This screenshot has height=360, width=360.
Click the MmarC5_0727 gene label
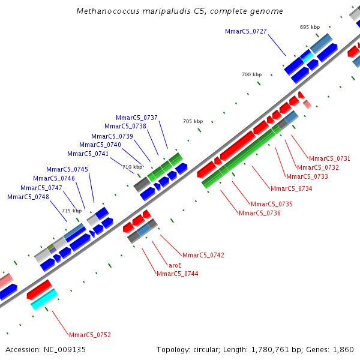tap(245, 31)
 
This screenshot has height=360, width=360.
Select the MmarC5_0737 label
tap(137, 118)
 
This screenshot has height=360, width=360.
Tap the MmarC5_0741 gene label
tap(88, 154)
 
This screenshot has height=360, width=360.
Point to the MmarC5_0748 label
tap(28, 197)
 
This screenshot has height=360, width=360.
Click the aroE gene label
tap(175, 265)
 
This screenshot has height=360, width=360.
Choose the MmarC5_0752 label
tap(90, 335)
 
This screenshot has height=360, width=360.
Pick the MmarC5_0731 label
tap(329, 158)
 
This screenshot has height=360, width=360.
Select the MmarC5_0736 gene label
tap(260, 213)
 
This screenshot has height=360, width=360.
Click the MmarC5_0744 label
tap(177, 274)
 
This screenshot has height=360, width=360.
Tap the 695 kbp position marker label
tap(310, 27)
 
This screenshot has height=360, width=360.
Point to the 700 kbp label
tap(251, 74)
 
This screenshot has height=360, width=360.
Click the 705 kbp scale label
tap(193, 121)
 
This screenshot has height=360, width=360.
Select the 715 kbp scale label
tap(71, 211)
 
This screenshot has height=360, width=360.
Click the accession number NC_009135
tap(65, 350)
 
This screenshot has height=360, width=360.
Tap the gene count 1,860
tap(343, 350)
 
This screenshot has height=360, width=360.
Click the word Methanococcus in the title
tap(108, 11)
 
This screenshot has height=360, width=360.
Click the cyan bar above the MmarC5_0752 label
tap(44, 299)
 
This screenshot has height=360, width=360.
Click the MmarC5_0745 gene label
tap(67, 169)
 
